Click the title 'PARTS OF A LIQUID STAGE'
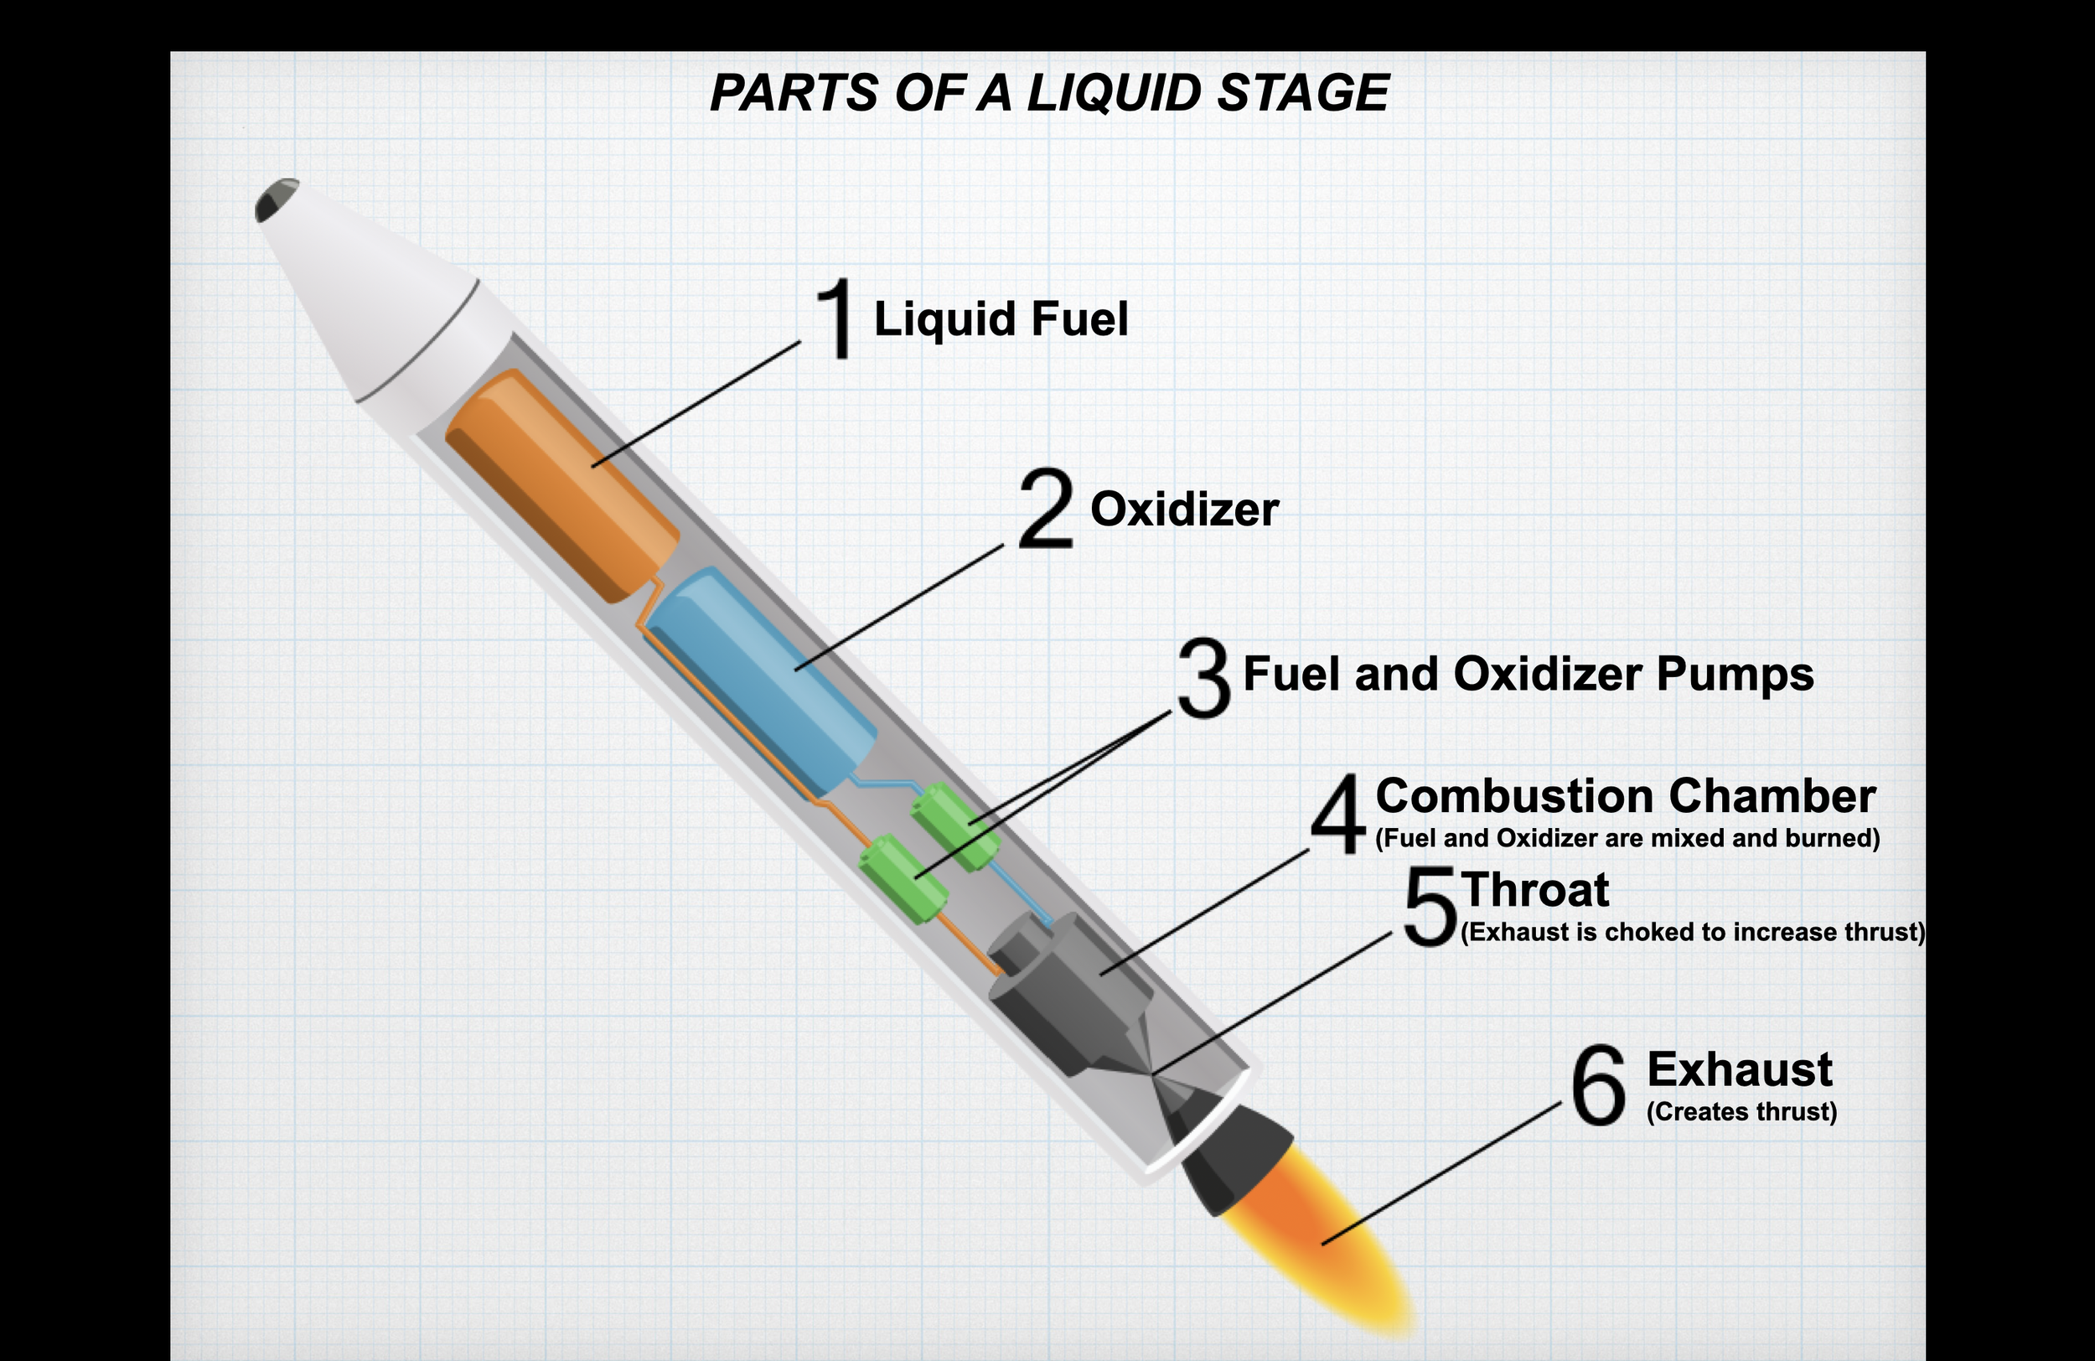point(1048,93)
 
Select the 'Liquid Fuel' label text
point(1000,318)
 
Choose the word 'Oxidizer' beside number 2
point(1184,510)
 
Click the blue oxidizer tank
point(763,678)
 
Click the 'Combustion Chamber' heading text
point(1625,796)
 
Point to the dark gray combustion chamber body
point(1069,995)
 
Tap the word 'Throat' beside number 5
point(1535,889)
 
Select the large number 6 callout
point(1598,1085)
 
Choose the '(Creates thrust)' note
point(1741,1112)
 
